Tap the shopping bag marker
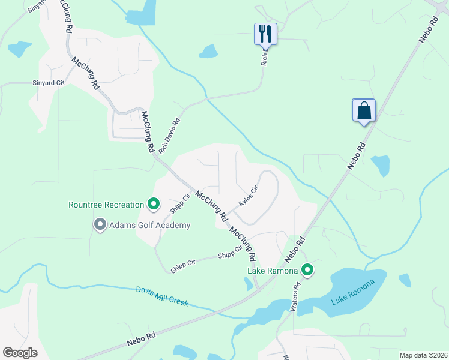(x=363, y=111)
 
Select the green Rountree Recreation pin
(x=153, y=205)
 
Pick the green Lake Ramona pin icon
(x=307, y=271)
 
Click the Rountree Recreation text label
(x=106, y=205)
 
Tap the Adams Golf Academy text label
(x=149, y=225)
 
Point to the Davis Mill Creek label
(x=162, y=296)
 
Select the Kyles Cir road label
(x=248, y=196)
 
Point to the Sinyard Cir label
(x=48, y=83)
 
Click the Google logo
(x=20, y=353)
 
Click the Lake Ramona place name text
(x=273, y=271)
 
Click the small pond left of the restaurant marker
(x=208, y=52)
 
